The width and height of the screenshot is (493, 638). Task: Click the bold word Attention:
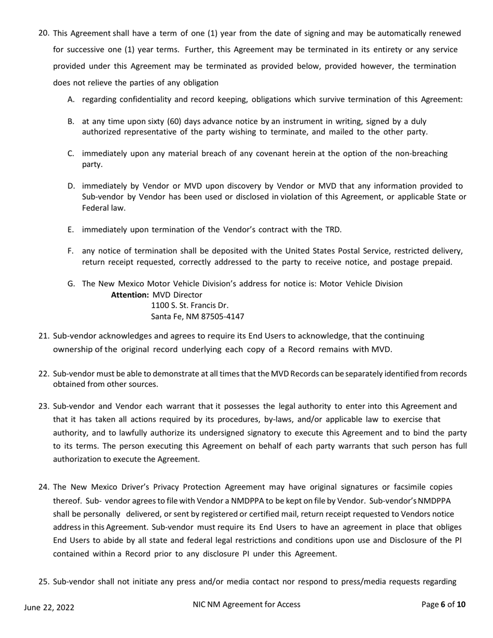[x=130, y=295]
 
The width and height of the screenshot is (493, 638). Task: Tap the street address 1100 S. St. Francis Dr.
[x=190, y=306]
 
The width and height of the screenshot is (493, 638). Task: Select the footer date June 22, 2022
[x=49, y=607]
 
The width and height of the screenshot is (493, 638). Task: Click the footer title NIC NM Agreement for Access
[x=246, y=604]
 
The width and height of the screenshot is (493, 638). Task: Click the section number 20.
[x=44, y=34]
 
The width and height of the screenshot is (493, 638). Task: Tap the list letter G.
[x=71, y=284]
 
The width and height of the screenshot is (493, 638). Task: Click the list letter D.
[x=71, y=186]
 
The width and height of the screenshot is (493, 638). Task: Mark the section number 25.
[x=44, y=581]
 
